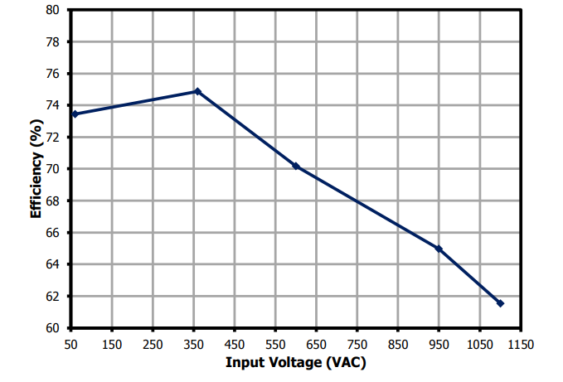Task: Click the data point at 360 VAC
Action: pyautogui.click(x=197, y=91)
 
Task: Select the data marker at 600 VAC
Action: pyautogui.click(x=296, y=167)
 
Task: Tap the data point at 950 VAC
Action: pyautogui.click(x=439, y=249)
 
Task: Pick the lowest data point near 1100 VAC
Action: pyautogui.click(x=500, y=303)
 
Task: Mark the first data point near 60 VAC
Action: pyautogui.click(x=75, y=114)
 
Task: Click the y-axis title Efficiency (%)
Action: pyautogui.click(x=36, y=170)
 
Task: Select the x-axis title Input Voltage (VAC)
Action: pyautogui.click(x=295, y=363)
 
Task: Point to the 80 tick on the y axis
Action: pyautogui.click(x=52, y=10)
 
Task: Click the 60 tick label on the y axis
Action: pyautogui.click(x=52, y=328)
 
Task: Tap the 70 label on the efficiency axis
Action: pyautogui.click(x=52, y=169)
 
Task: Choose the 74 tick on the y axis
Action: pyautogui.click(x=52, y=105)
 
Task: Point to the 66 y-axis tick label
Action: pyautogui.click(x=52, y=233)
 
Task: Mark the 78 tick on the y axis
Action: pyautogui.click(x=52, y=41)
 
